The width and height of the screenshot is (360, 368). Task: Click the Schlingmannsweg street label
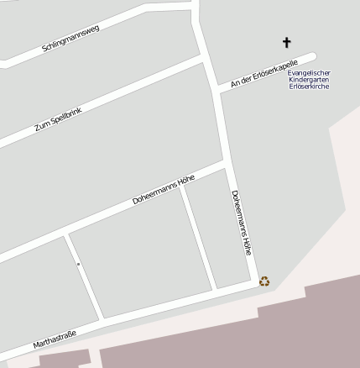pyautogui.click(x=70, y=39)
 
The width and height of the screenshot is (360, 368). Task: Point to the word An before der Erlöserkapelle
pyautogui.click(x=235, y=83)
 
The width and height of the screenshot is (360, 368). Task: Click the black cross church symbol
pyautogui.click(x=286, y=42)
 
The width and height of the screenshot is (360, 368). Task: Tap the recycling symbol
pyautogui.click(x=265, y=281)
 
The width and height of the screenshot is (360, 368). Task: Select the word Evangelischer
pyautogui.click(x=309, y=73)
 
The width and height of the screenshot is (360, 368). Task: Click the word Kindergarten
pyautogui.click(x=309, y=80)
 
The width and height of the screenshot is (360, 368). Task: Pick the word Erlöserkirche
pyautogui.click(x=309, y=87)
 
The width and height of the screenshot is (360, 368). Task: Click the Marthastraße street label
pyautogui.click(x=55, y=339)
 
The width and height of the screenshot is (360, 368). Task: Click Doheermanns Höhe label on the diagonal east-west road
pyautogui.click(x=164, y=189)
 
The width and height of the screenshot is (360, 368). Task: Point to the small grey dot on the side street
pyautogui.click(x=78, y=264)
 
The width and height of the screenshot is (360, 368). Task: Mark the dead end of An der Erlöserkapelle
pyautogui.click(x=312, y=57)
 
